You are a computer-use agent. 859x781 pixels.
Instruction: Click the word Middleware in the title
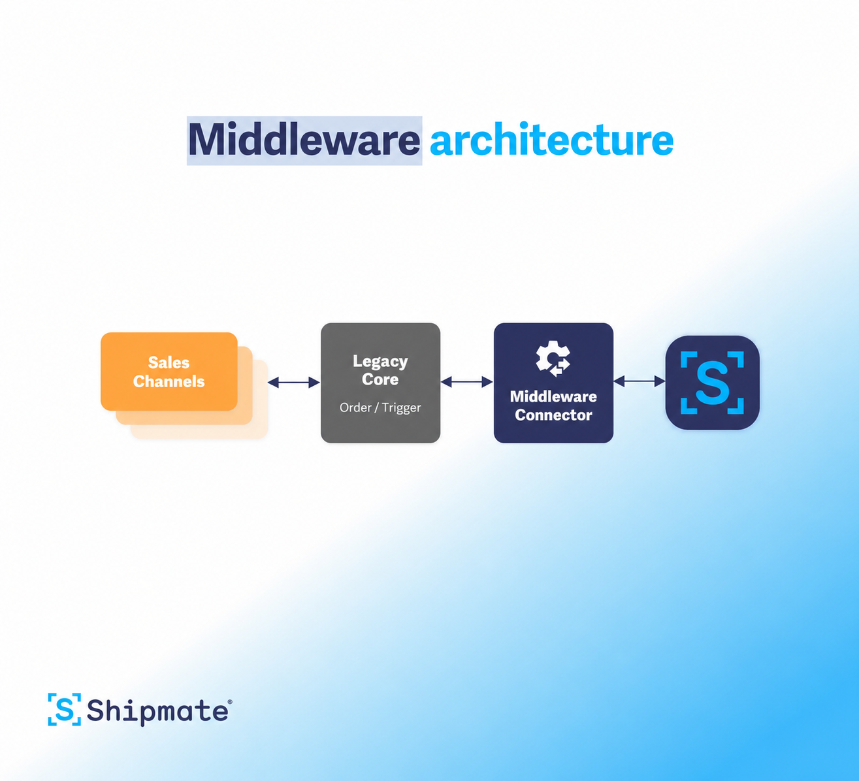click(304, 140)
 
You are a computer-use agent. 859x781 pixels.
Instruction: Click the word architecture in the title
click(551, 140)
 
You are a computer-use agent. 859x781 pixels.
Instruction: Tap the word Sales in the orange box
click(169, 362)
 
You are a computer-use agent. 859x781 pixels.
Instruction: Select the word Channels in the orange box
click(169, 381)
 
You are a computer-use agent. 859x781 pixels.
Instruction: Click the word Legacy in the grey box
click(380, 362)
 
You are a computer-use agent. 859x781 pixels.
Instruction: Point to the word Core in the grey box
click(380, 379)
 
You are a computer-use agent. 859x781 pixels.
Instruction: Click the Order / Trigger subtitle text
click(380, 407)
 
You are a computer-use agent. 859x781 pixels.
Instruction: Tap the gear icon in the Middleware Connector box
click(553, 359)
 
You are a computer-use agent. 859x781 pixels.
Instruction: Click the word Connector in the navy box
click(553, 415)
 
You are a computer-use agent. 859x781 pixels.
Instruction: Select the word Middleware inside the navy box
click(553, 396)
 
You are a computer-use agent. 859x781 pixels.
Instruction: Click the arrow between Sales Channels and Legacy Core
click(294, 383)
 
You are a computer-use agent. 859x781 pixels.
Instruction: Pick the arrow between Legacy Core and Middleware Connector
click(466, 382)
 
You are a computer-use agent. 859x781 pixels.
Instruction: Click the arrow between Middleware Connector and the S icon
click(640, 381)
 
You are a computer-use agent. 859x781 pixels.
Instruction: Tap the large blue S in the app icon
click(713, 383)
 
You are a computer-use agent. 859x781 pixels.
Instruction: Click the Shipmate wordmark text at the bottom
click(157, 712)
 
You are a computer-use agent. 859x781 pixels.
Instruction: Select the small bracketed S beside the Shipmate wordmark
click(64, 709)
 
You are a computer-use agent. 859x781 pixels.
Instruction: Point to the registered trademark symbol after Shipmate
click(230, 702)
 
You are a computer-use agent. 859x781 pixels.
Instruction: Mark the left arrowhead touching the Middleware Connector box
click(488, 382)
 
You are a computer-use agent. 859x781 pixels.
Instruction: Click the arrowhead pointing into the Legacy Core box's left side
click(314, 383)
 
